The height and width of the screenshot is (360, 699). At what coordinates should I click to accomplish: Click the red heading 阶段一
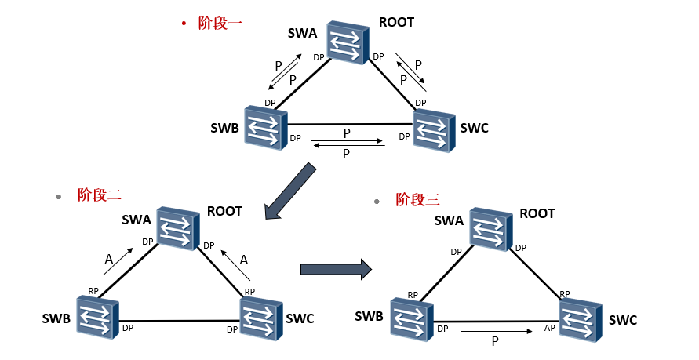(x=220, y=23)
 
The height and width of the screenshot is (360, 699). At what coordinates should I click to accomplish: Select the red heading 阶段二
(x=100, y=195)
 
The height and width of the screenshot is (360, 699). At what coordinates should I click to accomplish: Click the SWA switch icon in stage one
(x=348, y=42)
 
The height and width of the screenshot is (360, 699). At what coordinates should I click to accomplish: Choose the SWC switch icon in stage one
(x=433, y=129)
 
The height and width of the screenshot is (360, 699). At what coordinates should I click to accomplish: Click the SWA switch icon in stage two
(x=177, y=228)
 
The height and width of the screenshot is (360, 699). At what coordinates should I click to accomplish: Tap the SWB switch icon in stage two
(x=97, y=316)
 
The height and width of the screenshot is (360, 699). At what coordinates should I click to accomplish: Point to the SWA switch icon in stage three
(x=490, y=228)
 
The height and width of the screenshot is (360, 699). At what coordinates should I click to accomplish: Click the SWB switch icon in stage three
(x=411, y=318)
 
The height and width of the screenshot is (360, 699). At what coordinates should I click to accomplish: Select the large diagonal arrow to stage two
(x=289, y=191)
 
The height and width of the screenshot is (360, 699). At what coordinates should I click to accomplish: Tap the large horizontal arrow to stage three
(x=335, y=269)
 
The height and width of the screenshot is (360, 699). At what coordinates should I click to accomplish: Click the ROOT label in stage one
(x=395, y=22)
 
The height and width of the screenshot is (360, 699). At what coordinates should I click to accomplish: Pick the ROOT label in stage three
(x=537, y=213)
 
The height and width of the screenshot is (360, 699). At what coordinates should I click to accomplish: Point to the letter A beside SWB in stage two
(x=109, y=258)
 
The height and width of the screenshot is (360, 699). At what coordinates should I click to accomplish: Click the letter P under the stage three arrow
(x=494, y=342)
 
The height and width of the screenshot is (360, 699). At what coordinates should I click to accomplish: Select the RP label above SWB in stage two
(x=93, y=291)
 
